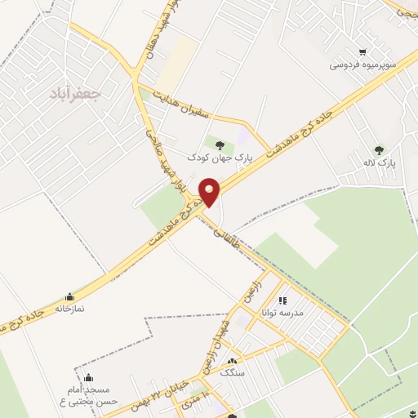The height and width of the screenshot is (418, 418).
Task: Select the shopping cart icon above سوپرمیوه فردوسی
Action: click(x=362, y=52)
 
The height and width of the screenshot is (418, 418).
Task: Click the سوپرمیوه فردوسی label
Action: click(x=362, y=65)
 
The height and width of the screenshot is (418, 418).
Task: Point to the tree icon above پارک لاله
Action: click(x=378, y=149)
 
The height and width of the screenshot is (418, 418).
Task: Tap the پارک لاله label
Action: click(x=380, y=162)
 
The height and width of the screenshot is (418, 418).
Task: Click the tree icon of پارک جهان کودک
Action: click(x=219, y=145)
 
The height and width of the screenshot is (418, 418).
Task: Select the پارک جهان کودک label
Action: click(x=220, y=156)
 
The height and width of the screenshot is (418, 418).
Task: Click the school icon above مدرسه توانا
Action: click(x=282, y=300)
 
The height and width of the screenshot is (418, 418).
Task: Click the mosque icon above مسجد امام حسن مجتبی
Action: click(x=88, y=378)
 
